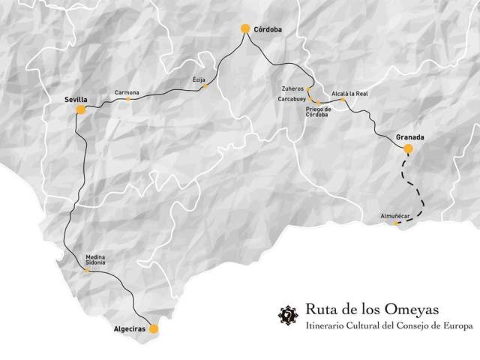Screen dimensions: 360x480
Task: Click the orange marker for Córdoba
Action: coord(244,28)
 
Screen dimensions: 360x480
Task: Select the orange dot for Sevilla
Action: coord(80,109)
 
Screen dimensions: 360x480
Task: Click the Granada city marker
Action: coord(408,148)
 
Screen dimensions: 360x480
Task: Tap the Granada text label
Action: coord(410,137)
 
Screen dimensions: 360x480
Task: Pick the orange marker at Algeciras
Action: coord(154,328)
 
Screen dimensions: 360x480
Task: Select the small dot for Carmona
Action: coord(128,98)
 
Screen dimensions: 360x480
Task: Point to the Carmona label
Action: coord(127,92)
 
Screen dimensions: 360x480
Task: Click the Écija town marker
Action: coord(205,86)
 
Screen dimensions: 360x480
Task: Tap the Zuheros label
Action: coord(292,88)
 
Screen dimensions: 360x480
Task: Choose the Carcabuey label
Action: coord(290,98)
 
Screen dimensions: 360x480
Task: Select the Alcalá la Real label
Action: coord(349,93)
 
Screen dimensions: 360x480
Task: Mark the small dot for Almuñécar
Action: coord(397,223)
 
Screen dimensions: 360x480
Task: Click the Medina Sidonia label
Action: coord(95,259)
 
